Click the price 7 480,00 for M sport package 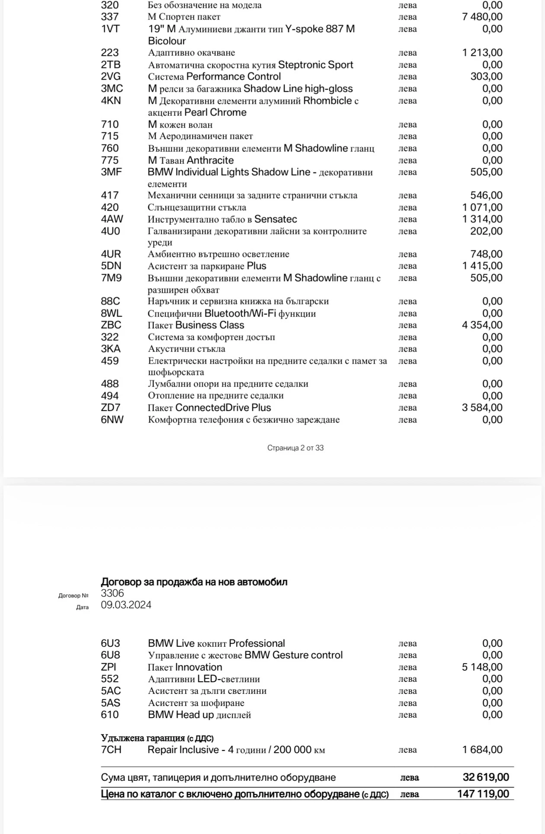pyautogui.click(x=482, y=17)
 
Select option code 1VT pyautogui.click(x=110, y=29)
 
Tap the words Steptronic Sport pyautogui.click(x=315, y=65)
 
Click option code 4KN pyautogui.click(x=111, y=101)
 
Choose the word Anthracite pyautogui.click(x=210, y=160)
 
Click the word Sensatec pyautogui.click(x=276, y=219)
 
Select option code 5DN pyautogui.click(x=111, y=266)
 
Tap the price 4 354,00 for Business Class pyautogui.click(x=482, y=325)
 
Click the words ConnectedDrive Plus pyautogui.click(x=223, y=408)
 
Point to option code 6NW pyautogui.click(x=112, y=419)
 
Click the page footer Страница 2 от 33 pyautogui.click(x=295, y=448)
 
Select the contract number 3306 pyautogui.click(x=112, y=593)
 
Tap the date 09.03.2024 pyautogui.click(x=126, y=605)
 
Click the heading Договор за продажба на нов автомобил pyautogui.click(x=194, y=582)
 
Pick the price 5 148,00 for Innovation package pyautogui.click(x=482, y=667)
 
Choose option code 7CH pyautogui.click(x=111, y=750)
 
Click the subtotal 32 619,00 pyautogui.click(x=486, y=777)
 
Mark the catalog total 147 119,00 pyautogui.click(x=483, y=794)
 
